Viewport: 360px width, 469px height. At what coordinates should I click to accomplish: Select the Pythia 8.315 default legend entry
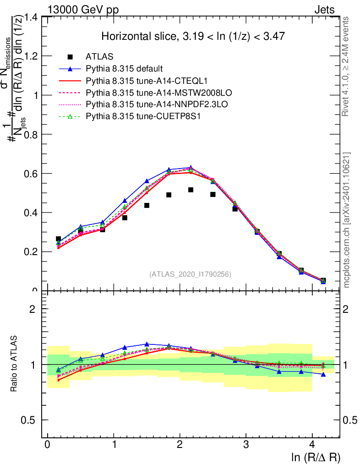(124, 69)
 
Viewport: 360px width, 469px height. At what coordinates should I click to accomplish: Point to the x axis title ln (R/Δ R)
(316, 457)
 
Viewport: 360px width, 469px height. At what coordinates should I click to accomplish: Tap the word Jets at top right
(324, 10)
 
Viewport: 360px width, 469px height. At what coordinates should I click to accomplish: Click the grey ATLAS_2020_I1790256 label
(190, 274)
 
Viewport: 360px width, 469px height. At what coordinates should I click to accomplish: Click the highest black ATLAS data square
(191, 190)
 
